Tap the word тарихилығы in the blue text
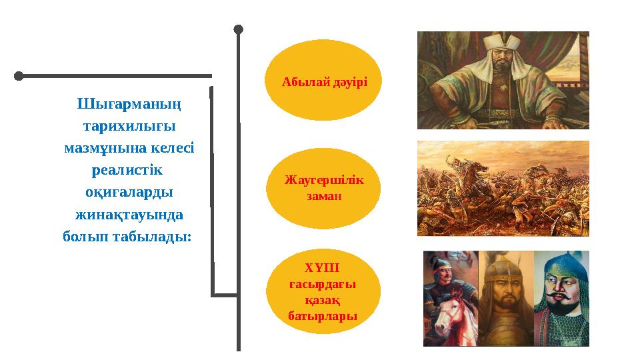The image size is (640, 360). (x=129, y=126)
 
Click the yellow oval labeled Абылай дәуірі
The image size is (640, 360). (x=323, y=80)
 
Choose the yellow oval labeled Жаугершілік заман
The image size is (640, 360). (x=323, y=189)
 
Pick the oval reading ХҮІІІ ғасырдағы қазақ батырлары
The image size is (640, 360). (x=323, y=291)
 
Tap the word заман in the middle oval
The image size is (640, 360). (x=323, y=197)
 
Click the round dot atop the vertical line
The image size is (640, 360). (x=239, y=29)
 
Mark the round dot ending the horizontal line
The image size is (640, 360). (x=19, y=76)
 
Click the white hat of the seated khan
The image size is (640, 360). (x=501, y=41)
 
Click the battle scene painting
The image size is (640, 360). (x=503, y=188)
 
